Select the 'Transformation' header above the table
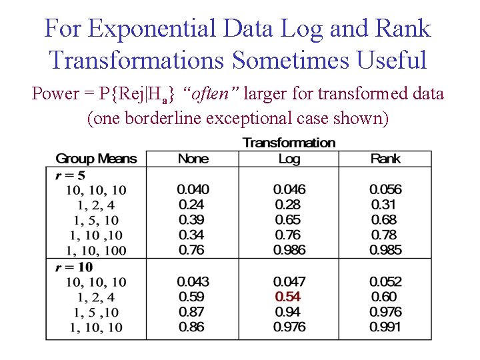pos(289,143)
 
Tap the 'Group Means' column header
pos(96,159)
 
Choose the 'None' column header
pos(193,159)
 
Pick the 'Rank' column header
pos(385,159)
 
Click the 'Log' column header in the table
pos(289,159)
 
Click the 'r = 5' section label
pos(69,175)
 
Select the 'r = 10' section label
pos(73,267)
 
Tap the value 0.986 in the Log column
pos(289,250)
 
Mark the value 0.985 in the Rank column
pos(386,250)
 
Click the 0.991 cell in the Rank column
pos(386,327)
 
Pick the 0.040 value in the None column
pos(193,190)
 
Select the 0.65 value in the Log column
pos(287,220)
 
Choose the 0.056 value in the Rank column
pos(386,190)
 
